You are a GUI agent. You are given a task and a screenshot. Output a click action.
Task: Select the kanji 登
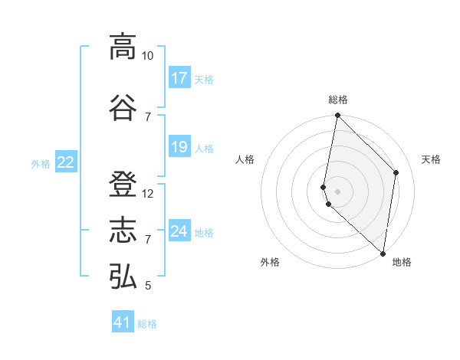[123, 184]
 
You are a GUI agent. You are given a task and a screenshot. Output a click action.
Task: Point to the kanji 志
[123, 230]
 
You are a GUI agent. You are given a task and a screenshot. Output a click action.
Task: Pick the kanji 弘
[123, 276]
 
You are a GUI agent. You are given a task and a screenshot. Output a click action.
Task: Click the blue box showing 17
[179, 78]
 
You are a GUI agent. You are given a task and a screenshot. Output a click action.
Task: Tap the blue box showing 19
[179, 147]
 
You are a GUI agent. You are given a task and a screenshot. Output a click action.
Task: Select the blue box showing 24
[179, 231]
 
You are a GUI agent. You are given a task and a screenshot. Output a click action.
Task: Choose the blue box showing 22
[66, 162]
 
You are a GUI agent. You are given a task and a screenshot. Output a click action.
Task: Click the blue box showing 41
[123, 322]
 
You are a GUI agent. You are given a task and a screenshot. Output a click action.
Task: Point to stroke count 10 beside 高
[148, 56]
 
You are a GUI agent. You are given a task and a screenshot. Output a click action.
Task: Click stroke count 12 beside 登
[148, 194]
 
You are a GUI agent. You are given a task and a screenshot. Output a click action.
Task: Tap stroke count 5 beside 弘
[148, 286]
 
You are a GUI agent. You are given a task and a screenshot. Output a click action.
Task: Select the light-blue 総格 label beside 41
[147, 324]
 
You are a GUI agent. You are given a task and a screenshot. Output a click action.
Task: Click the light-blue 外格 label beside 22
[41, 163]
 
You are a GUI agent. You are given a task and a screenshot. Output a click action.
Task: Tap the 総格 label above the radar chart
[338, 100]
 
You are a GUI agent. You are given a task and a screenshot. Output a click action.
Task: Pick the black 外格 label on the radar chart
[270, 262]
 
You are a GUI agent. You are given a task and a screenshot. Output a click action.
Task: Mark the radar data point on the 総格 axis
[337, 116]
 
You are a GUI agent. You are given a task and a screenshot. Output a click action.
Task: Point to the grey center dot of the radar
[338, 190]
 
